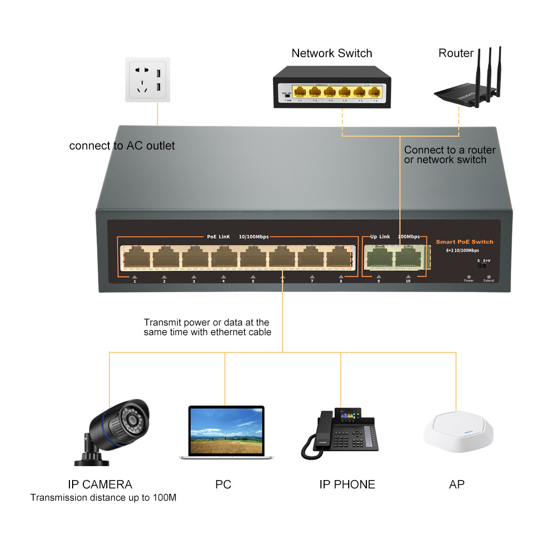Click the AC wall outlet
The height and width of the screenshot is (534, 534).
coord(148,80)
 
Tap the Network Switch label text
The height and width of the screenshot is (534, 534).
coord(332,53)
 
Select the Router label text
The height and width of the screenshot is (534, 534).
coord(456,53)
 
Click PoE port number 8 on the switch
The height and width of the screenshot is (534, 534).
coord(339,258)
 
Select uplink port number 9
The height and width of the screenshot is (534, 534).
coord(379,258)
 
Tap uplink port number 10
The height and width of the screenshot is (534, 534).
coord(409,258)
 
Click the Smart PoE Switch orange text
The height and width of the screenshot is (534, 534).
coord(465,242)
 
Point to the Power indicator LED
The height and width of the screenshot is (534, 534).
coord(469,277)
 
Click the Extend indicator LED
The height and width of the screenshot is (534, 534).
coord(489,277)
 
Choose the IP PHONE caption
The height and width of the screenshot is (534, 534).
coord(347,484)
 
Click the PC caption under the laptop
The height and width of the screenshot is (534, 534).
coord(223,484)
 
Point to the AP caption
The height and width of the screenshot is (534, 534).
coord(457,484)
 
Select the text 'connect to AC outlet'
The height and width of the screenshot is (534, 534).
coord(122,146)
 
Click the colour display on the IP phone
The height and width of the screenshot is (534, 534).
coord(348,415)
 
